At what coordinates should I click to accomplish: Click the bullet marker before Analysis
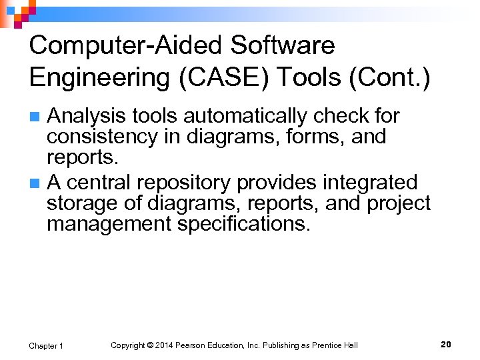[37, 117]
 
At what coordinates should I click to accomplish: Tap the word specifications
[244, 223]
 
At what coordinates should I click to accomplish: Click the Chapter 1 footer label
[46, 345]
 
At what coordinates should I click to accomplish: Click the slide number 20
[446, 344]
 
